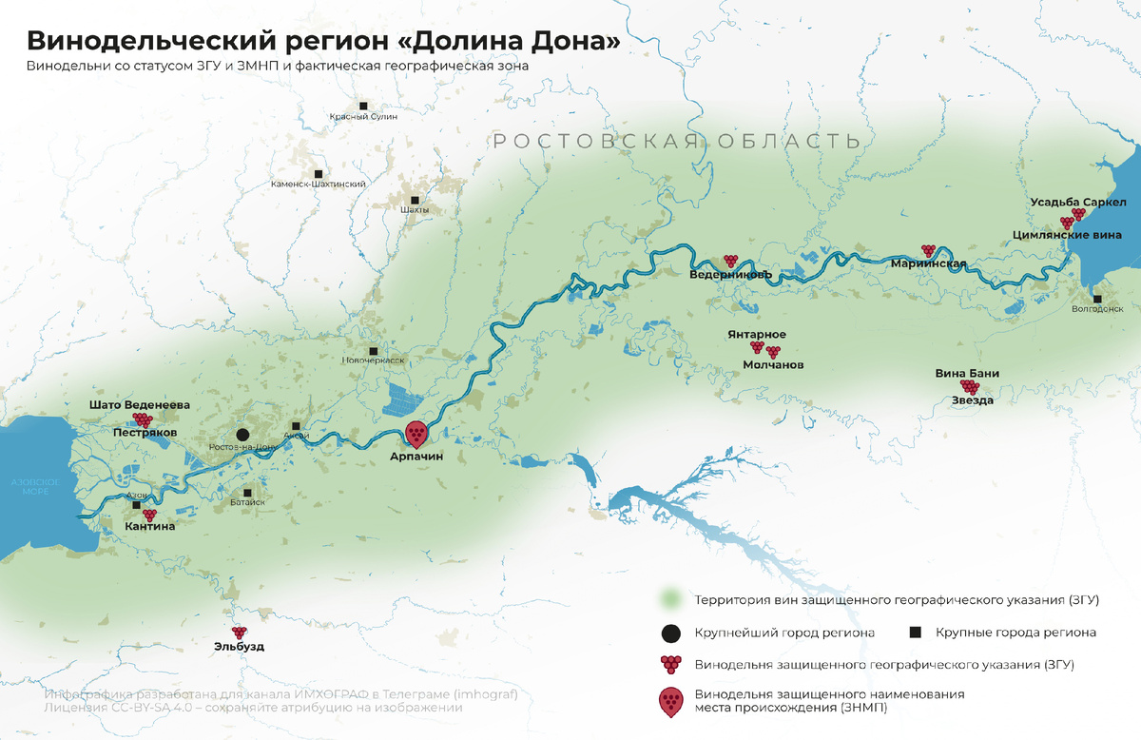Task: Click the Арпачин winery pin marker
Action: coord(416,434)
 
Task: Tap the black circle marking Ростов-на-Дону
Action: coord(243,434)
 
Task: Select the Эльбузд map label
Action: coord(239,647)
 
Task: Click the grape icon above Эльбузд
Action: coord(239,632)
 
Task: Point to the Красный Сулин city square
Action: coord(363,106)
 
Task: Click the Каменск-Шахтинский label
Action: coord(318,185)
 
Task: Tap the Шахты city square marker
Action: coord(416,197)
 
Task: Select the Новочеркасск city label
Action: coord(373,361)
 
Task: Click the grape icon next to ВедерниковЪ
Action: coord(730,260)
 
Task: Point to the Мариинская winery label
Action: coord(928,264)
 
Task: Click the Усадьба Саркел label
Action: coord(1078,203)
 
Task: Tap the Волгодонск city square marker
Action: coord(1097,296)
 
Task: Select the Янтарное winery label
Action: coord(757,335)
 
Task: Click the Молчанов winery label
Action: coord(773,365)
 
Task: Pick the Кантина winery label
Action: coord(150,526)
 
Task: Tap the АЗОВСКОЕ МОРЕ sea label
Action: coord(35,488)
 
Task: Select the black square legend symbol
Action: coord(916,633)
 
